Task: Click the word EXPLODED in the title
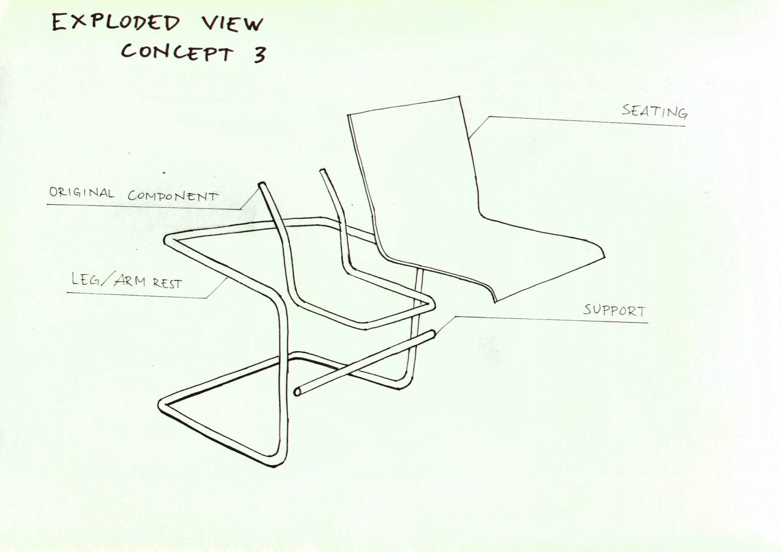(115, 23)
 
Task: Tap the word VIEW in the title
(232, 23)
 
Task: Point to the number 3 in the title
(260, 55)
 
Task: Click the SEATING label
(654, 111)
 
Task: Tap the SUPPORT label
(614, 310)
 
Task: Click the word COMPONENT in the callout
(173, 196)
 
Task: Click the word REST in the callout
(167, 283)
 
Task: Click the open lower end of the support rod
(297, 392)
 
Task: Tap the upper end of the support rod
(433, 334)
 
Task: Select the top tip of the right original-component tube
(323, 171)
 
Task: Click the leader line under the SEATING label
(586, 121)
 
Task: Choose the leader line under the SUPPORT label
(552, 319)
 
